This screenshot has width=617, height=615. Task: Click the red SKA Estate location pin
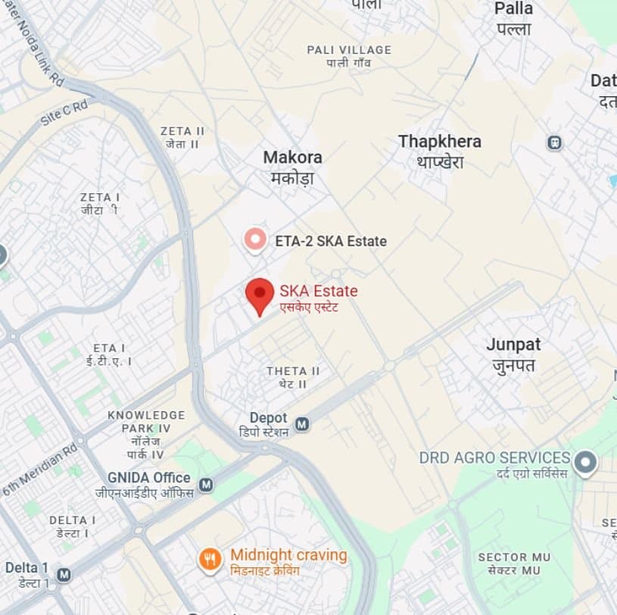(x=260, y=294)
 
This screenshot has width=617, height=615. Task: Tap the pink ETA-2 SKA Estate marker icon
(x=255, y=241)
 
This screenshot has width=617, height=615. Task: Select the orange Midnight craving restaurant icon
(x=210, y=560)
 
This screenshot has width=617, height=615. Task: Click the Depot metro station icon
(x=302, y=424)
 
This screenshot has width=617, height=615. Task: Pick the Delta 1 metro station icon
(x=64, y=575)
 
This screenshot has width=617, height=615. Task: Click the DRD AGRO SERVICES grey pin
(x=585, y=462)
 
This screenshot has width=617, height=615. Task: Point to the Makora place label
(x=292, y=158)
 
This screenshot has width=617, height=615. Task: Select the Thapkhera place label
(x=439, y=142)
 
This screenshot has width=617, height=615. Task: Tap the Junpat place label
(x=513, y=345)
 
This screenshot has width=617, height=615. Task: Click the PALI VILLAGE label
(x=349, y=50)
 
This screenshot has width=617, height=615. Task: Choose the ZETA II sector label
(x=182, y=131)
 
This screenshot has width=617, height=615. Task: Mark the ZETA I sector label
(x=100, y=198)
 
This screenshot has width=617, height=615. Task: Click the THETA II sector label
(x=293, y=371)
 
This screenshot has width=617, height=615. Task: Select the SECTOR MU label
(x=514, y=557)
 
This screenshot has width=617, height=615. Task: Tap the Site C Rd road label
(x=64, y=112)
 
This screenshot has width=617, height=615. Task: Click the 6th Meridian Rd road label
(x=40, y=470)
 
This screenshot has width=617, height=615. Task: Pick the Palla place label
(x=513, y=9)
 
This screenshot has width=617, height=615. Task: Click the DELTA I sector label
(x=73, y=520)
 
